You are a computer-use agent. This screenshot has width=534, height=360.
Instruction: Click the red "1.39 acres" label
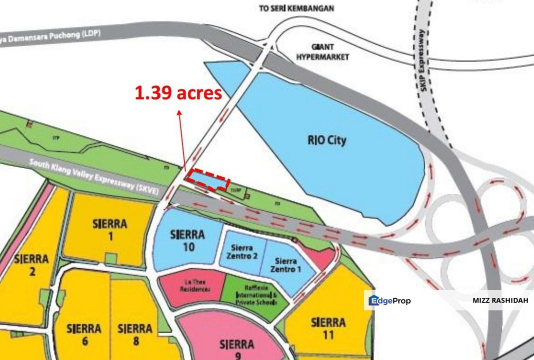[x=178, y=93]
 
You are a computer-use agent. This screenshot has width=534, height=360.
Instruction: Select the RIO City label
[x=326, y=140]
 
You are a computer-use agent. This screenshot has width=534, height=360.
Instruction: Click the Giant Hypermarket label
[x=322, y=52]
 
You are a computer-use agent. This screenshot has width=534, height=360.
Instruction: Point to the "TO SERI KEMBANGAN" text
[x=296, y=8]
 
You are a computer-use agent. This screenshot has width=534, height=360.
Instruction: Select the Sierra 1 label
[x=110, y=229]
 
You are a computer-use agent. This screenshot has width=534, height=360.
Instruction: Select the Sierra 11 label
[x=328, y=328]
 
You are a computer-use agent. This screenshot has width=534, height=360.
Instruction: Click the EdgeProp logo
[x=389, y=301]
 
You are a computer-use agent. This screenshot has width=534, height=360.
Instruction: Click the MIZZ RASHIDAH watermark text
[x=500, y=301]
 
